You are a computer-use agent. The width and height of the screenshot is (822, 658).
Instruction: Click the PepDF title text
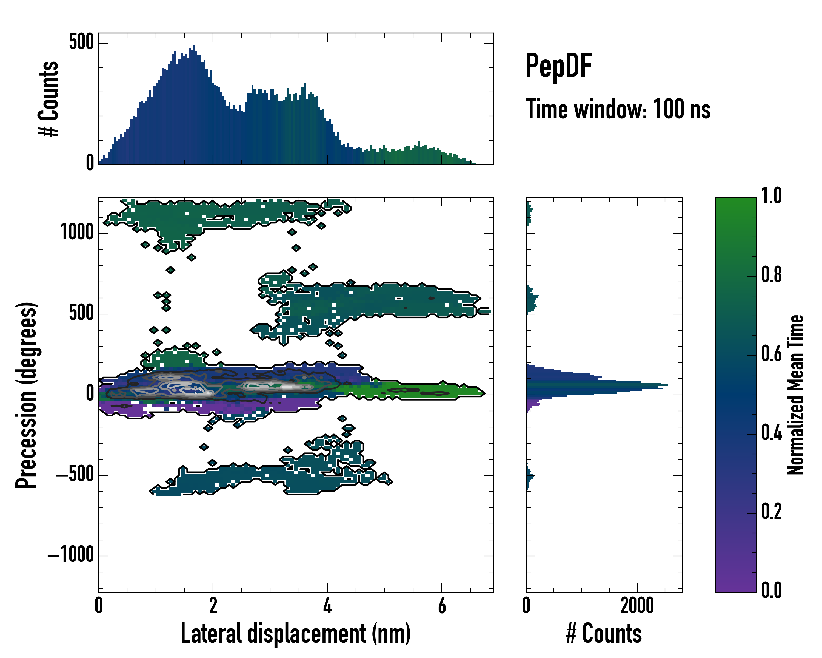coord(558,66)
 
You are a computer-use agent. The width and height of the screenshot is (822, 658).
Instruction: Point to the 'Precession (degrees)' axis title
coord(26,395)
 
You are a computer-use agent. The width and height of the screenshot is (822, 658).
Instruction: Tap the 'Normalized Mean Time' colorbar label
coord(795,395)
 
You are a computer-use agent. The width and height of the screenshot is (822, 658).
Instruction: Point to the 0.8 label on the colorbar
coord(771,275)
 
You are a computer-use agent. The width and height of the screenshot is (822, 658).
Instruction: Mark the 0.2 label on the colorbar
coord(771,512)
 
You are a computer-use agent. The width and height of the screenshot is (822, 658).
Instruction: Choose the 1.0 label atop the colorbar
coord(771,196)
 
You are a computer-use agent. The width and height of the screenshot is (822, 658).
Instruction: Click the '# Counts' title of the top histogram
coord(49,99)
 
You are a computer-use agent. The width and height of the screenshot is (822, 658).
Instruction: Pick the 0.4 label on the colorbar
coord(771,433)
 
